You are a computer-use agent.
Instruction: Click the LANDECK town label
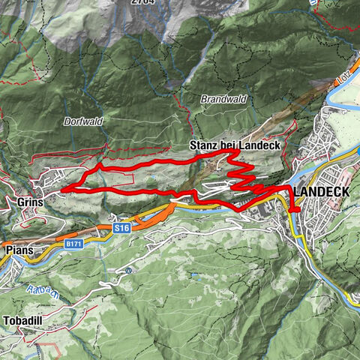(x=322, y=193)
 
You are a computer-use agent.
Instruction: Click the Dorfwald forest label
(x=83, y=120)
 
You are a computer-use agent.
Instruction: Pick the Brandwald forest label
(x=221, y=99)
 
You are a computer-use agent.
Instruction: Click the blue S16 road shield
(x=122, y=226)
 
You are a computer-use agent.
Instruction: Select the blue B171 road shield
(x=73, y=244)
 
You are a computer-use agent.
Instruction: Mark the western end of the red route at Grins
(x=61, y=189)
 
